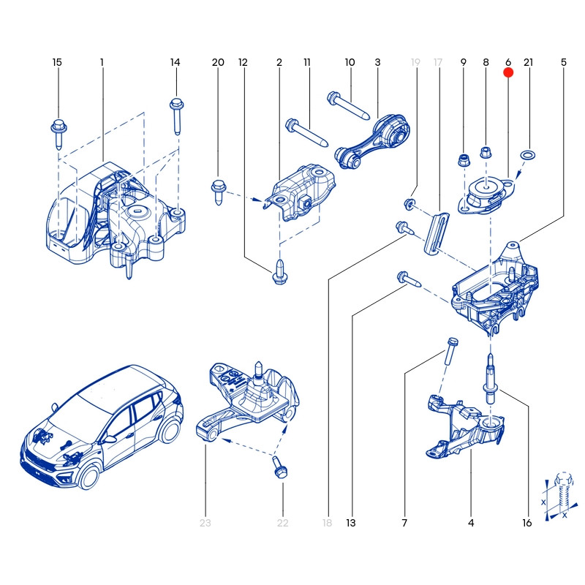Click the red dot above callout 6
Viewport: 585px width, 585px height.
click(508, 72)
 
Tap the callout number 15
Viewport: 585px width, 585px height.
click(57, 62)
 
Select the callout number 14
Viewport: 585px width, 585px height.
click(175, 62)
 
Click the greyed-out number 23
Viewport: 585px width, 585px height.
click(205, 523)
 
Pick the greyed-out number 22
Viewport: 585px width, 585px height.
click(282, 523)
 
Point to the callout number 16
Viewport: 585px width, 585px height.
click(527, 523)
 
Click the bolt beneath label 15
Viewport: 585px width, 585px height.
click(58, 132)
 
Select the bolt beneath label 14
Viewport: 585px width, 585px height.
click(176, 113)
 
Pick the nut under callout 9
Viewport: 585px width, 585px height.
click(463, 159)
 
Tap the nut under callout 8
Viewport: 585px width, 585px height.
click(485, 154)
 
